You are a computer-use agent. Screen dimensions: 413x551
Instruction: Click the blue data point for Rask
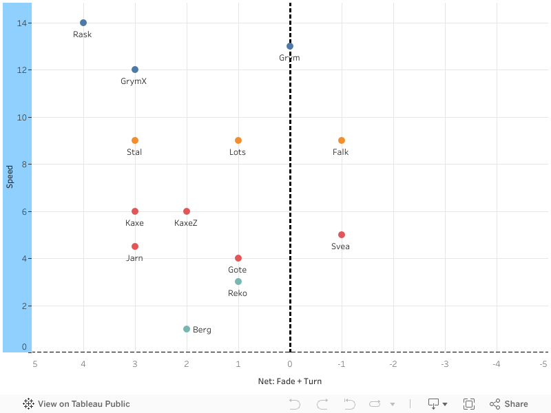click(83, 23)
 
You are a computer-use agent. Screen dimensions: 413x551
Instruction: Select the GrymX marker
click(135, 70)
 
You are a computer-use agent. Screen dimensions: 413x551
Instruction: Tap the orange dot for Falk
click(342, 140)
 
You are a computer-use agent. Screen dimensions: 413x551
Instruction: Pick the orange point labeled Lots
click(238, 140)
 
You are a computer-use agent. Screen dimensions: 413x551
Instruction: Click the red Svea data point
click(342, 235)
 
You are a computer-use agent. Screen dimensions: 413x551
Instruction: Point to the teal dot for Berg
click(187, 329)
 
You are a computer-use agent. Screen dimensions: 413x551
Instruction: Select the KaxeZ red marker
click(187, 211)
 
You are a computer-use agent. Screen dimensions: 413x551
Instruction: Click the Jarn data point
click(135, 246)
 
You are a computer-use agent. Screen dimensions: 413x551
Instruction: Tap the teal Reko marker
click(238, 282)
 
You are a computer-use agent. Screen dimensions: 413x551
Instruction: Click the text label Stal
click(134, 152)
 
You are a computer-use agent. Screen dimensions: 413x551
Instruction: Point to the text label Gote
click(237, 270)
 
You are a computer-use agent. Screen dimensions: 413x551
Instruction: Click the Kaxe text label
click(134, 223)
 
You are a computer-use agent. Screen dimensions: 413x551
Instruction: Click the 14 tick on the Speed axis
click(22, 23)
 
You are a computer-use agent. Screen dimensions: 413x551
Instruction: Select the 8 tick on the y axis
click(24, 165)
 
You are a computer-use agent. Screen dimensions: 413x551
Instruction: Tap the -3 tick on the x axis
click(445, 363)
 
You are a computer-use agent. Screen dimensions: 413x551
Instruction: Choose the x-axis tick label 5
click(34, 363)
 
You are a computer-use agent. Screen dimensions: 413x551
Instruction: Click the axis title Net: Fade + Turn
click(289, 381)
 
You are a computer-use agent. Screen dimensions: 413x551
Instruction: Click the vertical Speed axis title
click(10, 177)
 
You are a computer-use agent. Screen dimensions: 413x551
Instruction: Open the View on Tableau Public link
click(76, 404)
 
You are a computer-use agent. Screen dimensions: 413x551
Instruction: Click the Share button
click(509, 404)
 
